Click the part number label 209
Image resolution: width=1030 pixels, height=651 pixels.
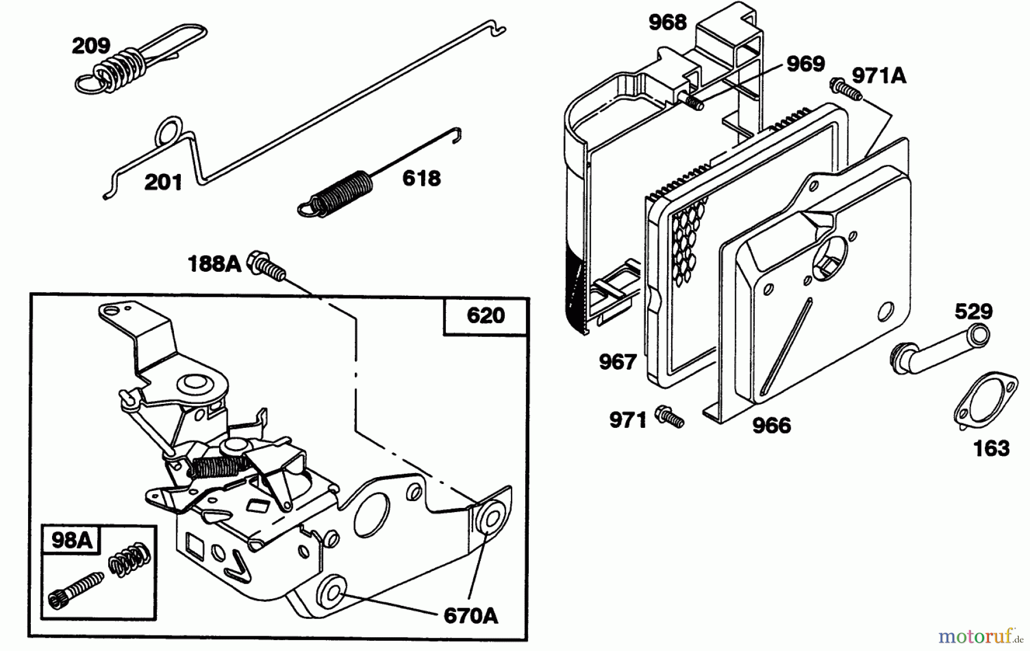click(x=91, y=46)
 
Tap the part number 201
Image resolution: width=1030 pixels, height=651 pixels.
click(x=163, y=182)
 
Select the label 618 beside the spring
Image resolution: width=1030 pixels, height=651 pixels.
click(x=422, y=178)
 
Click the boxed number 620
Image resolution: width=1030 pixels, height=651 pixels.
click(x=486, y=315)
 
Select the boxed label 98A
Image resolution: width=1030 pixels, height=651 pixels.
click(x=72, y=540)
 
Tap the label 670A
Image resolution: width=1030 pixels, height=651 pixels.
click(x=471, y=616)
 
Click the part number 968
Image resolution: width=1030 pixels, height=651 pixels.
click(x=667, y=23)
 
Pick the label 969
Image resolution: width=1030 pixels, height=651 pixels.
click(x=806, y=64)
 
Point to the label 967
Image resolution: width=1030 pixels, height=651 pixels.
click(x=617, y=362)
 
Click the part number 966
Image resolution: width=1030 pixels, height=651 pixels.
click(x=771, y=426)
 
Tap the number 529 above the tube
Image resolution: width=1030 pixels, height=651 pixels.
click(x=973, y=312)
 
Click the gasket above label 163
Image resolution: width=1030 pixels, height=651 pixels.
click(x=986, y=400)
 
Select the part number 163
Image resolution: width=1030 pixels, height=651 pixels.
click(x=992, y=448)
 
